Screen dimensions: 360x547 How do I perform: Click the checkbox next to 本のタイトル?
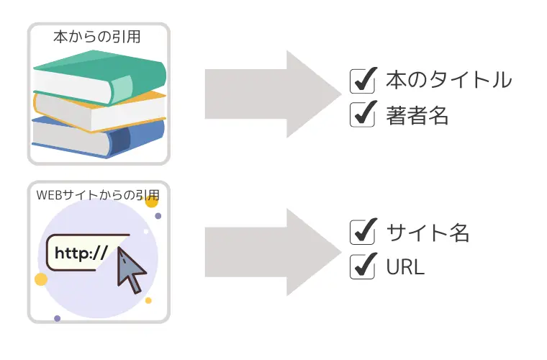[361, 81]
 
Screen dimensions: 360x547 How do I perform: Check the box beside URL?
[361, 266]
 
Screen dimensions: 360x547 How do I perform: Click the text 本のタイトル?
[448, 80]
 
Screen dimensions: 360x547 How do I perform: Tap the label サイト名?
[428, 233]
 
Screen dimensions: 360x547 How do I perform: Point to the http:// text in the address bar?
[81, 253]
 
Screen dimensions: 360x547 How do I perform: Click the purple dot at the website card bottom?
[57, 318]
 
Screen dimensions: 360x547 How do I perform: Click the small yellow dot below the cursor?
[148, 300]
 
